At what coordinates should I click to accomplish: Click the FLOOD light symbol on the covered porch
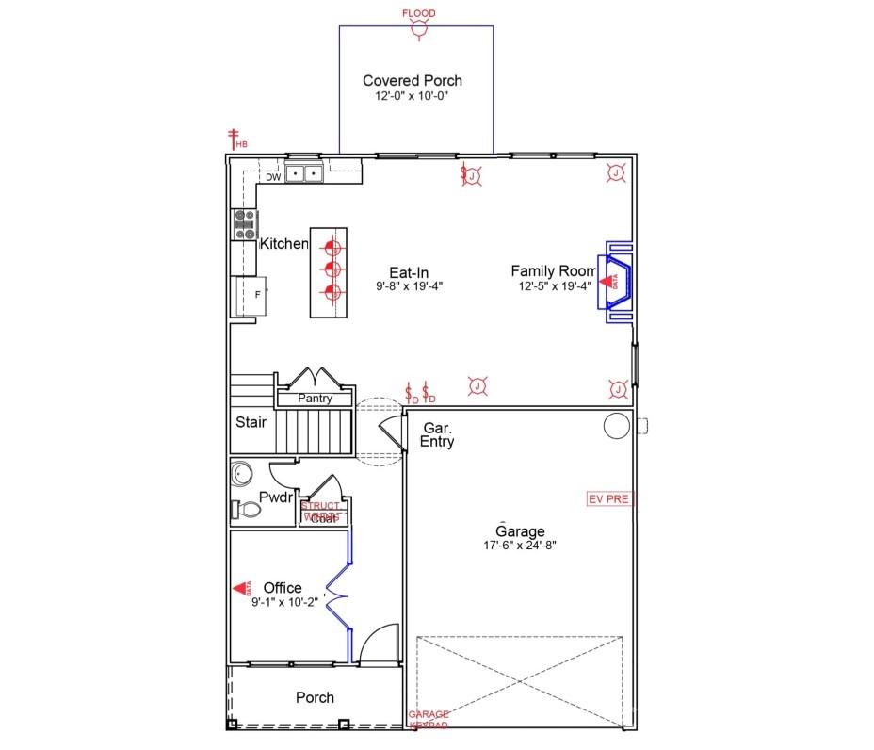coord(416,30)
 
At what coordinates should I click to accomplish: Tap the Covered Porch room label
coord(413,81)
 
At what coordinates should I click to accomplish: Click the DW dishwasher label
coord(272,177)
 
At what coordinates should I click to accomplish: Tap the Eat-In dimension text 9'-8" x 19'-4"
coord(409,286)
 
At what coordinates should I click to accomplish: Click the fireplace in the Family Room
coord(618,281)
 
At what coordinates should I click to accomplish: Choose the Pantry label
coord(315,399)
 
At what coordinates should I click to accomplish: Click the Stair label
coord(251,422)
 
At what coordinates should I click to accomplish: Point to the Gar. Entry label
coord(437,434)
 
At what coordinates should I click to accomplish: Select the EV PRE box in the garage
coord(608,498)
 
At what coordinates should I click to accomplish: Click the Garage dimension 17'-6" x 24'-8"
coord(514,546)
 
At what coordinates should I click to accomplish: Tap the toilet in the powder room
coord(247,509)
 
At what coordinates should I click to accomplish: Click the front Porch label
coord(315,698)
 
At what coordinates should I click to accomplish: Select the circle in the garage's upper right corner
coord(616,426)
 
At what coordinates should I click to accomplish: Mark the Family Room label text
coord(553,271)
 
